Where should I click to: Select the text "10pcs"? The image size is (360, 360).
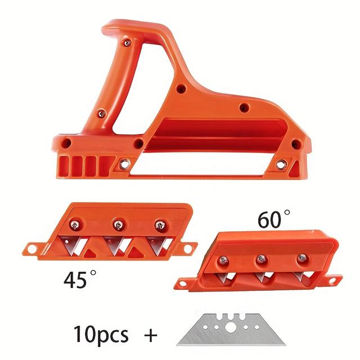tap(101, 334)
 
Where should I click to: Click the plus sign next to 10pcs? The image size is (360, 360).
tap(150, 335)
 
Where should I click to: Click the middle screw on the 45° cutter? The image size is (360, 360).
tap(118, 224)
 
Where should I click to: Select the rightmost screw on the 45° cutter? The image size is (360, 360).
tap(160, 224)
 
